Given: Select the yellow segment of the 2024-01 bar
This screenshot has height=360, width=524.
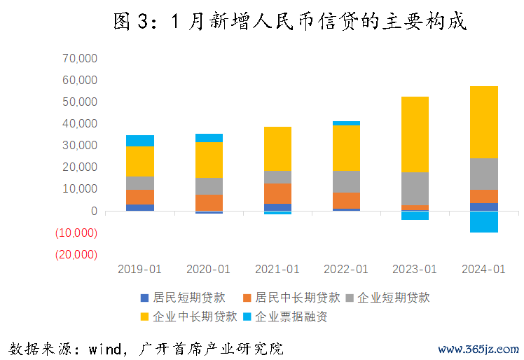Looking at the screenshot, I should [x=483, y=122].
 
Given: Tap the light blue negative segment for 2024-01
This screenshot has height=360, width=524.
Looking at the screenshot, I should [x=483, y=221].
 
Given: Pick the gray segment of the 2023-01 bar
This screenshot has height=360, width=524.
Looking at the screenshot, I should [x=415, y=188].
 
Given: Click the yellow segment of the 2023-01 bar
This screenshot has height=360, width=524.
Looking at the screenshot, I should [x=415, y=134].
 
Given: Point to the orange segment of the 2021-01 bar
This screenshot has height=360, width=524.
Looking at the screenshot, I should [x=277, y=193].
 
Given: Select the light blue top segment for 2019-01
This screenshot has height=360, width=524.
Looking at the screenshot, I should [x=140, y=141].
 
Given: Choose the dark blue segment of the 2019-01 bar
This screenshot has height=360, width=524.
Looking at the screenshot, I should [x=140, y=207].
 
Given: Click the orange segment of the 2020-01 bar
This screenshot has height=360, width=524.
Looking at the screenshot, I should [x=209, y=202].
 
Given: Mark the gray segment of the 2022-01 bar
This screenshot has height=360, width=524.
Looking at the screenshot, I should [x=346, y=181].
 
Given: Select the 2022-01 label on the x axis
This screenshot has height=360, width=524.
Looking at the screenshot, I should [x=346, y=269].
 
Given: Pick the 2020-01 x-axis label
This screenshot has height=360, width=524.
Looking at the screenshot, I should [x=209, y=269].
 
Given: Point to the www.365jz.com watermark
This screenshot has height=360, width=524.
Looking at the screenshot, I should [x=478, y=349].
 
